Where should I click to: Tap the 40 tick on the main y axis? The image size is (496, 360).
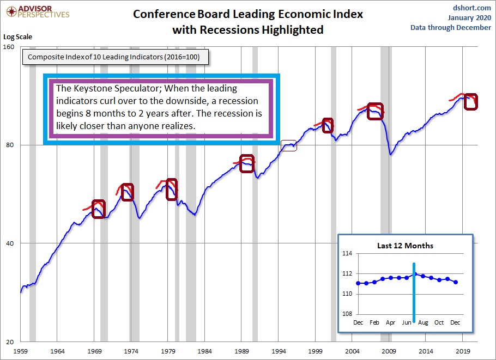[9, 243]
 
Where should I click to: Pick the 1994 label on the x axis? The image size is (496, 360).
[279, 352]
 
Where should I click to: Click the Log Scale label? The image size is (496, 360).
[18, 37]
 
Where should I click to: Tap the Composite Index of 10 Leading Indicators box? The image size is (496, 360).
[115, 57]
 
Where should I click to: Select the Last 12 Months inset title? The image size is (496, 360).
[405, 246]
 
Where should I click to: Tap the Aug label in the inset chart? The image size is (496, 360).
[423, 322]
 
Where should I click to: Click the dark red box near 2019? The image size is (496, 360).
[470, 101]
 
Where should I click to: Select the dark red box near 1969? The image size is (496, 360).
[98, 209]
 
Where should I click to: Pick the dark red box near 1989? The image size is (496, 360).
[247, 164]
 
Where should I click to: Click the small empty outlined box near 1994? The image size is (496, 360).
[289, 145]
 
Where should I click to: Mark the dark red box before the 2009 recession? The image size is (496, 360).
[375, 111]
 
